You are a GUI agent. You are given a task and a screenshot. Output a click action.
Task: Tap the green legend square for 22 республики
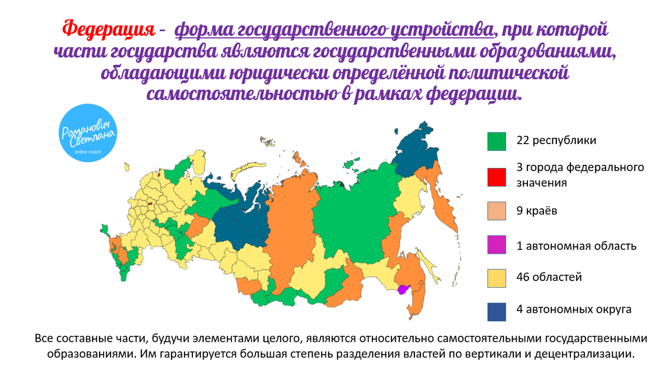tap(497, 142)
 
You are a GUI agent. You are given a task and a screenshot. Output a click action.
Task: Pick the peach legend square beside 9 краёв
tap(497, 212)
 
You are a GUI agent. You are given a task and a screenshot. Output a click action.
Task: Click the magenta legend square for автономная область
tap(497, 245)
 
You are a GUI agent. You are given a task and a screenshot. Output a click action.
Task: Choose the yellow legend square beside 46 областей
tap(497, 278)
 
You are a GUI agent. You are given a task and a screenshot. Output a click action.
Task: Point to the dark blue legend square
tap(497, 311)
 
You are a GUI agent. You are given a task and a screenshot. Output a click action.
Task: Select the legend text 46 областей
tap(549, 277)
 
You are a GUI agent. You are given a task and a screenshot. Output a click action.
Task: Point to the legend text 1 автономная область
tap(577, 245)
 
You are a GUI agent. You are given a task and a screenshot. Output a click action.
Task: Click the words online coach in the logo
tap(88, 151)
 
